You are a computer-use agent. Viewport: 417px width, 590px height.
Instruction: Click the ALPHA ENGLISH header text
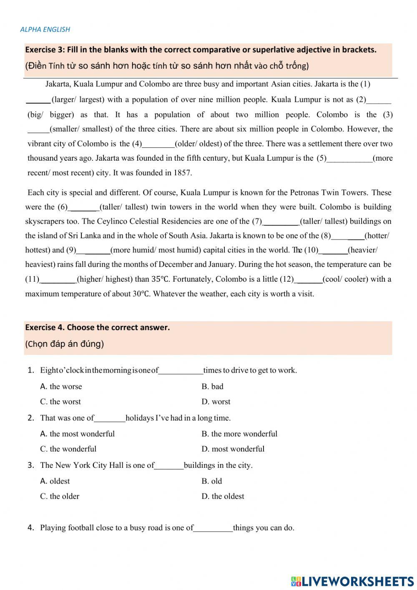pos(45,29)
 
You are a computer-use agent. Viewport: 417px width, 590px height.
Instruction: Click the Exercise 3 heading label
pos(46,50)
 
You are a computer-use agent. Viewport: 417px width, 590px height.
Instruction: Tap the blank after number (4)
pos(158,144)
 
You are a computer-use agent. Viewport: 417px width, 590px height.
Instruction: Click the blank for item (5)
pos(349,159)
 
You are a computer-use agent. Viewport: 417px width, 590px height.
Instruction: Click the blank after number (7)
pos(281,222)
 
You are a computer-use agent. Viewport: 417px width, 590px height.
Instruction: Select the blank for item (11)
pos(58,280)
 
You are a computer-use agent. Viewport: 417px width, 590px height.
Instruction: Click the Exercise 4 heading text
pos(97,328)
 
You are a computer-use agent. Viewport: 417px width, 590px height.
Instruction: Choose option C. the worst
pos(60,402)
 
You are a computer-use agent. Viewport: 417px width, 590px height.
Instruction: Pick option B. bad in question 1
pos(212,387)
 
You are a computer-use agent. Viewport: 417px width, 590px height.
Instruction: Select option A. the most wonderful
pos(77,434)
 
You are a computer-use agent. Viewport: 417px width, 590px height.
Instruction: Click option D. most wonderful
pos(233,449)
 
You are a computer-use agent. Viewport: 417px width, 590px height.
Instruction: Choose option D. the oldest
pos(223,497)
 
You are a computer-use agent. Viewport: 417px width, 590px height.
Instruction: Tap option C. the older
pos(60,497)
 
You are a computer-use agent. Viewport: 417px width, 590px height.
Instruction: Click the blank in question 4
pos(213,528)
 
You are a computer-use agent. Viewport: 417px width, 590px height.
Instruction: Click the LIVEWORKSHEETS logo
pos(352,581)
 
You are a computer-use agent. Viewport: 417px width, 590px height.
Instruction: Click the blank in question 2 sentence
pos(110,419)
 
